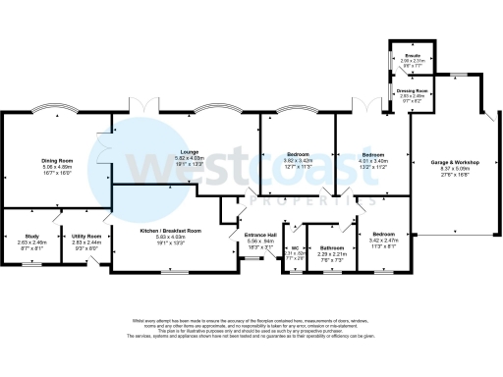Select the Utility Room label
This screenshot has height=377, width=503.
tap(86, 236)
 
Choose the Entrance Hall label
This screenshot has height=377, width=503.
tap(259, 236)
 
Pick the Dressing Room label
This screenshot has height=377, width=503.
tap(411, 91)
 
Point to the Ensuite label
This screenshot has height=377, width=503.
tap(411, 55)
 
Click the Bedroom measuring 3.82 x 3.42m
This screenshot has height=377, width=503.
tap(298, 153)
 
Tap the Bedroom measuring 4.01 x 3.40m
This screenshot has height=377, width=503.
tap(374, 154)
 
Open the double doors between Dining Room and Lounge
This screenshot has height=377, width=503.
tap(106, 157)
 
